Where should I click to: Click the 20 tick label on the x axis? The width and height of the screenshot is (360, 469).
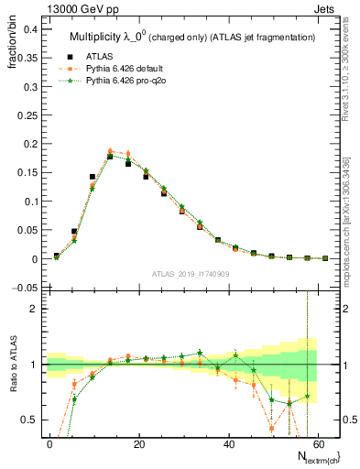[138, 444]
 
